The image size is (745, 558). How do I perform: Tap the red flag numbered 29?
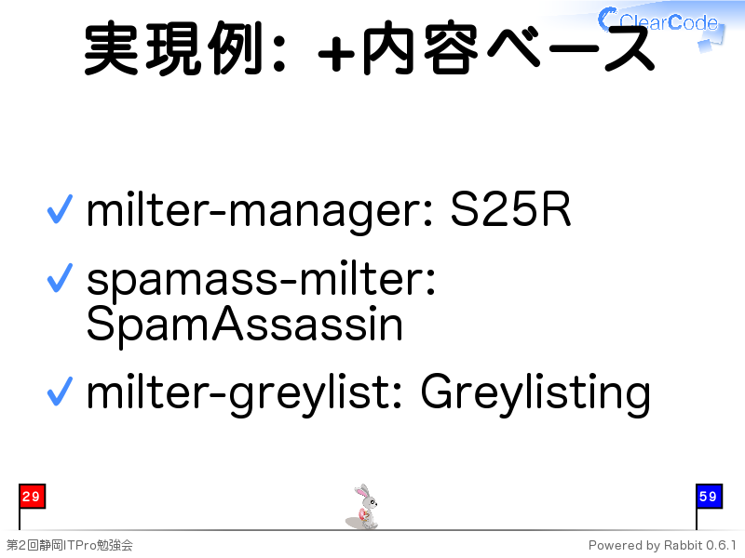point(32,497)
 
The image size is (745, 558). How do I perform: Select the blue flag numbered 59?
point(709,497)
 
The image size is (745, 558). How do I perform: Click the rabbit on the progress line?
point(362,507)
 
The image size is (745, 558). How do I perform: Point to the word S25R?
point(510,209)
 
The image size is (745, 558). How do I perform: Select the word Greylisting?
point(535,393)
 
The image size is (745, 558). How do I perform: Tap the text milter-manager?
point(260,211)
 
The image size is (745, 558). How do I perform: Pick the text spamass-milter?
point(261,281)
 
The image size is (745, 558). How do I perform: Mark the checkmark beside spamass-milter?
point(60,277)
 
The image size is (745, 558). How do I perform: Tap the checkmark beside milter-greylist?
point(60,391)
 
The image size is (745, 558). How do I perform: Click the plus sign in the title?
point(336,54)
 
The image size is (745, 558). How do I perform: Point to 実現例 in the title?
point(173,48)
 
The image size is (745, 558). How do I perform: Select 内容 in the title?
point(420,48)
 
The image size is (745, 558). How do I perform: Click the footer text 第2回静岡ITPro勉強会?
point(69,545)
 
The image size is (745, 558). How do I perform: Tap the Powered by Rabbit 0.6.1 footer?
point(662,545)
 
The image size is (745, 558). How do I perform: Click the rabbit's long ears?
point(362,491)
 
